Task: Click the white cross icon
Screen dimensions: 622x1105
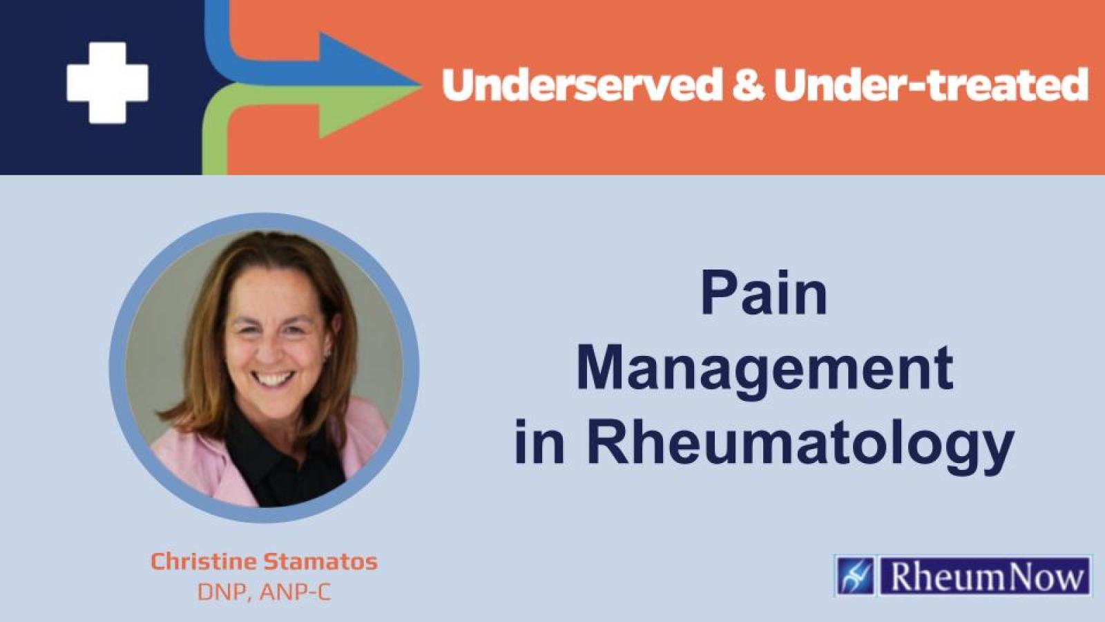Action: pyautogui.click(x=107, y=83)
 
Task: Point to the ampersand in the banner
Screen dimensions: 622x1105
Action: pyautogui.click(x=748, y=85)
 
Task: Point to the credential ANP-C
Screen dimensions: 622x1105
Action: pyautogui.click(x=296, y=592)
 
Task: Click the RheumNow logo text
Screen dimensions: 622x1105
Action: pyautogui.click(x=986, y=576)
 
